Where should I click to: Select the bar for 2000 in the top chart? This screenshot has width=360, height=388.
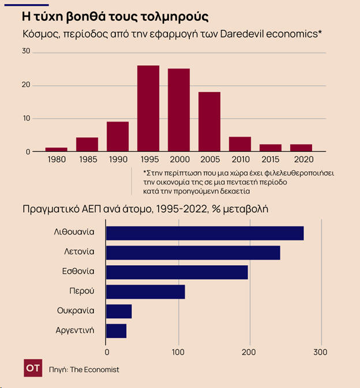tap(179, 110)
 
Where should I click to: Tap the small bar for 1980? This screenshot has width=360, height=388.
tap(56, 149)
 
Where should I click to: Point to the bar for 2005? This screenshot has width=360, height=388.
tap(209, 122)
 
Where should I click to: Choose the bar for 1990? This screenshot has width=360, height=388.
tap(118, 137)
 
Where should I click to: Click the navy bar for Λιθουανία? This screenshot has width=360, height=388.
tap(205, 233)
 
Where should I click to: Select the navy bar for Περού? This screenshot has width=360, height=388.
tap(145, 292)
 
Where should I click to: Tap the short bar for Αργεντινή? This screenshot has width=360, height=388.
tap(116, 331)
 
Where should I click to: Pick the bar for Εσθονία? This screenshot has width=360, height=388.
tap(177, 272)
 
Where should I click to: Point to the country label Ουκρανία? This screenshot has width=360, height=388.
tap(76, 311)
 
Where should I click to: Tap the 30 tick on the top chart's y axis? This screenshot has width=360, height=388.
tap(25, 52)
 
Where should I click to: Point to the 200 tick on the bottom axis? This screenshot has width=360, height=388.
tap(249, 351)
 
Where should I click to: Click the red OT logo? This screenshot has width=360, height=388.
tap(33, 368)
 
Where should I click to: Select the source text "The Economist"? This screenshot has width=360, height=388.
tap(95, 370)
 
